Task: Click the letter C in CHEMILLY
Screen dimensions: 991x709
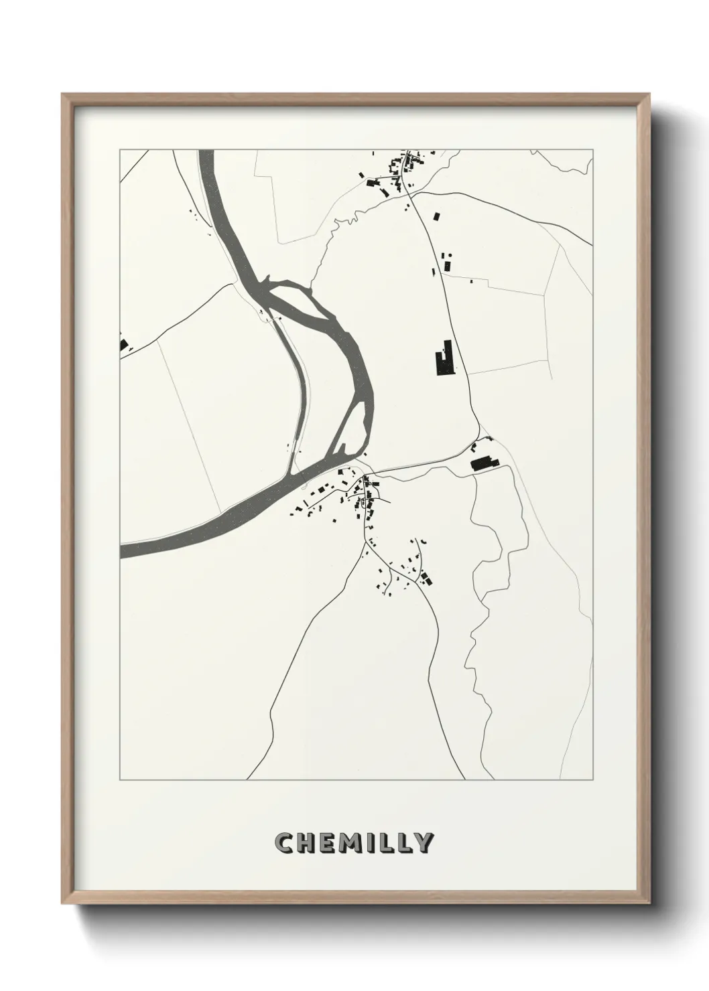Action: [284, 843]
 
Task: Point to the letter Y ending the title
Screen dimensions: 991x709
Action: [424, 843]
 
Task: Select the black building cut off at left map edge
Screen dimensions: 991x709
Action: [123, 346]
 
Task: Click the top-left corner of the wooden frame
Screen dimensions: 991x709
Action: [63, 95]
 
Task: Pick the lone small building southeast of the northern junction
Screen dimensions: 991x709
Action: [438, 216]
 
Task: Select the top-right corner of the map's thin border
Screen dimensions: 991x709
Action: [592, 150]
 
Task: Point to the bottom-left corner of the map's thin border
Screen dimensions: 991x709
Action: [120, 779]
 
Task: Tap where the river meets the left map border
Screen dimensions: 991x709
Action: [121, 550]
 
